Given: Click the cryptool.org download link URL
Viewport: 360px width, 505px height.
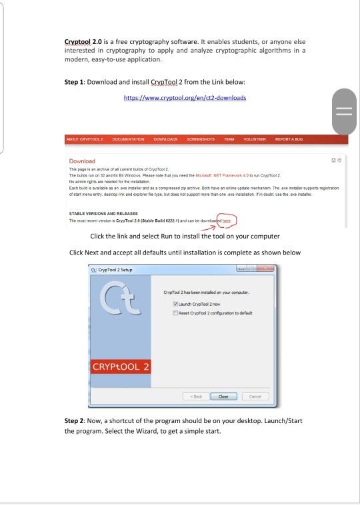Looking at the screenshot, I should tap(185, 98).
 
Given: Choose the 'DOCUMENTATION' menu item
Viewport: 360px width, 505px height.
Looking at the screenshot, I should tap(128, 139).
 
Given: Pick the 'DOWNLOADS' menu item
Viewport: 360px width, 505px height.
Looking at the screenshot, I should tap(165, 139).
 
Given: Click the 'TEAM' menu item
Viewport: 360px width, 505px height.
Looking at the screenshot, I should tap(230, 139).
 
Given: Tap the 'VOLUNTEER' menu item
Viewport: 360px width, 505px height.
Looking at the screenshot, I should tap(255, 139).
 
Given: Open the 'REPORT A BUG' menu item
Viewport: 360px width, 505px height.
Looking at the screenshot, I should tap(289, 139).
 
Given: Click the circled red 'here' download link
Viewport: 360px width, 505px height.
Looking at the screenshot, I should tap(228, 221).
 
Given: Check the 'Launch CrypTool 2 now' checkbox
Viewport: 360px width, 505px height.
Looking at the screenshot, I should tap(175, 304).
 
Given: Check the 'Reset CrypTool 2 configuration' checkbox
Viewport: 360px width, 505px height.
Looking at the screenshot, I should tap(175, 312).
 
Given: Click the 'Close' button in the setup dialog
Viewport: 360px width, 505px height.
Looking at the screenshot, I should tap(223, 395).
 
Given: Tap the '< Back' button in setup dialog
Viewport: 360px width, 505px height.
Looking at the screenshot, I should tap(193, 395).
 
